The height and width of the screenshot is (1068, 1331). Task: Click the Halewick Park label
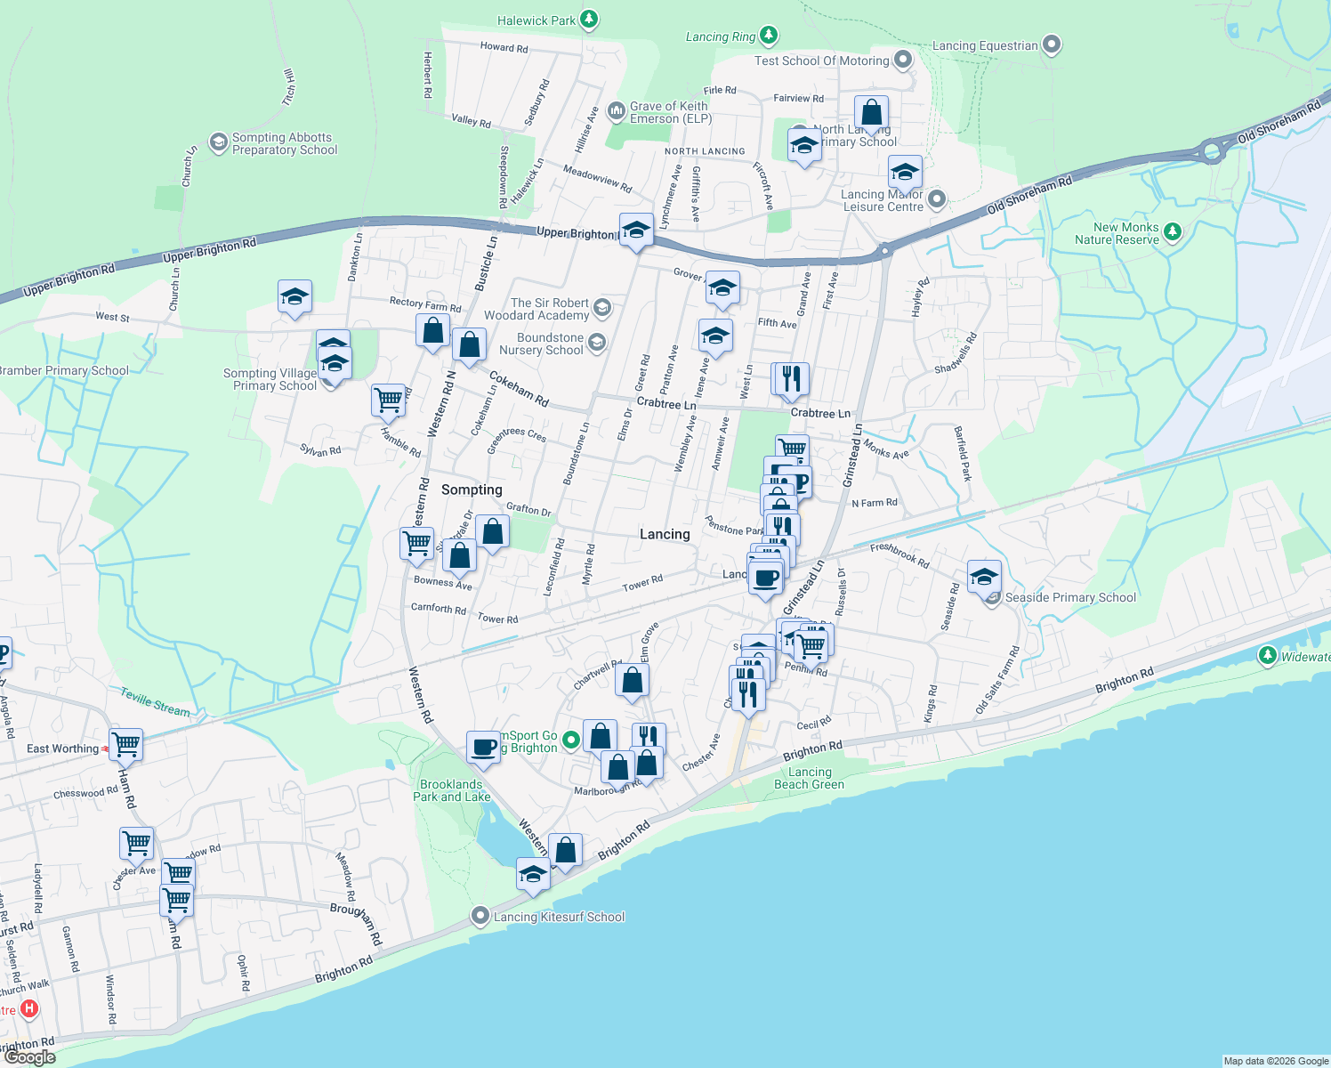[x=536, y=20]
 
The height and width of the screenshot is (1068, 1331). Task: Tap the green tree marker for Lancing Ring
[x=769, y=36]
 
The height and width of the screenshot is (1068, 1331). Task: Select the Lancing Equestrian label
[x=985, y=45]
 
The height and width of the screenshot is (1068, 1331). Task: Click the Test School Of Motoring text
[x=821, y=61]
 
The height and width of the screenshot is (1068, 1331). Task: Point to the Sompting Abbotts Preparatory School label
[x=284, y=143]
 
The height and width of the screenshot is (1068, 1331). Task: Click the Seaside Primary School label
[x=1070, y=597]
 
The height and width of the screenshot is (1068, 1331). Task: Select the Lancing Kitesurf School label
[x=559, y=917]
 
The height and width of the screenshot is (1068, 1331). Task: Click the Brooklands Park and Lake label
[x=451, y=790]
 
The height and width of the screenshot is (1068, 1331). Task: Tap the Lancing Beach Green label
[x=809, y=778]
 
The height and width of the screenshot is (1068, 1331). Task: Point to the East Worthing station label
[x=62, y=748]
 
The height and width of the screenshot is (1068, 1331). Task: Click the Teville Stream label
[x=155, y=702]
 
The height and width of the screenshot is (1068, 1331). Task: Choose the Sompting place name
[x=472, y=489]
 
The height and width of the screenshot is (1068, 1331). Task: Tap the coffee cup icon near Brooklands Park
[x=483, y=747]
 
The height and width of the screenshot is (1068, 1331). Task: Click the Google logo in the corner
[x=30, y=1057]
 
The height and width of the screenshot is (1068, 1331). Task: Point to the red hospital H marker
[x=29, y=1008]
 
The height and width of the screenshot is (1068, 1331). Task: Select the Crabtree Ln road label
[x=665, y=403]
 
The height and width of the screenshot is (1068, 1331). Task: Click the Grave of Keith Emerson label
[x=670, y=112]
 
